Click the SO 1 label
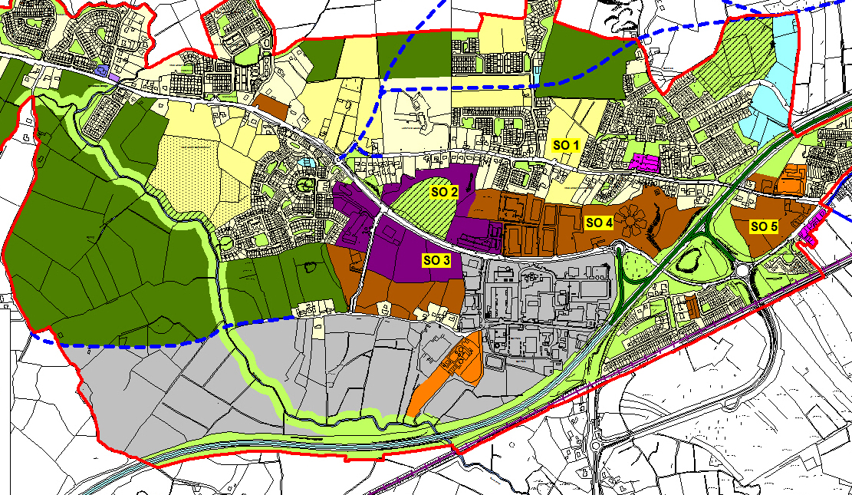coord(568,144)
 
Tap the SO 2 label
coord(444,192)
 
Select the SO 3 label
coord(436,260)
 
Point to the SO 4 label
coord(599,223)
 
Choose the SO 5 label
coord(764,226)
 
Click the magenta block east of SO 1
coord(643,163)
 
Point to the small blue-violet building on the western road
coord(102,71)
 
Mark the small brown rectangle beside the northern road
coord(269,107)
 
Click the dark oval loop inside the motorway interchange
coord(688,265)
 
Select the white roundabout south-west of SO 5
coord(743,271)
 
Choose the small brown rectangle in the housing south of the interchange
coord(692,307)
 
